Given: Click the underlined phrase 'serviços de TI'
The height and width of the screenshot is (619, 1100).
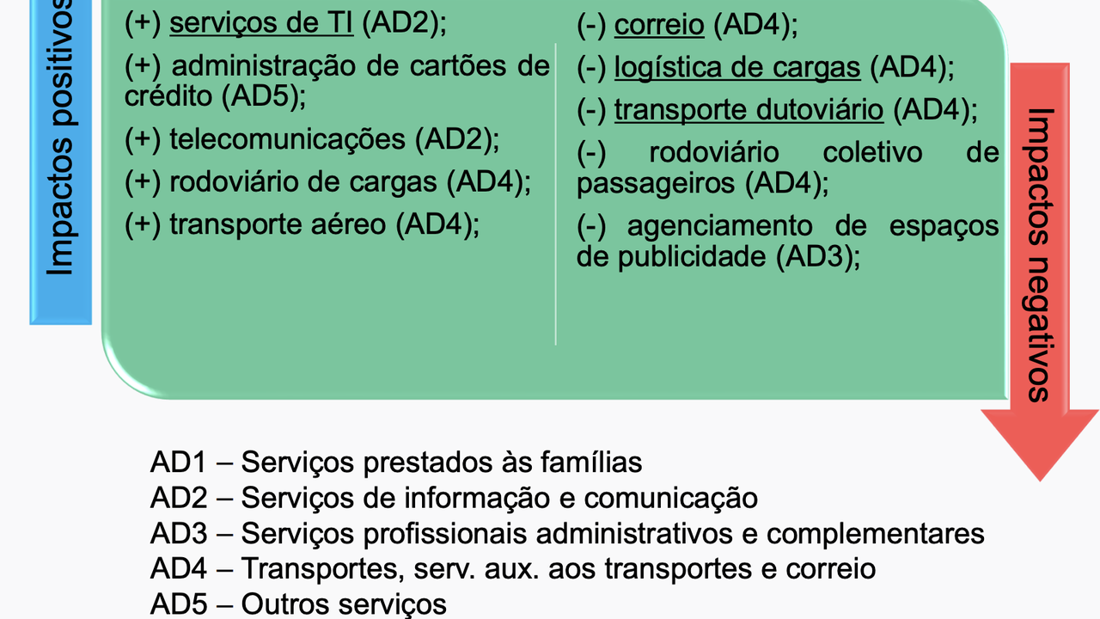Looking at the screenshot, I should (x=261, y=24).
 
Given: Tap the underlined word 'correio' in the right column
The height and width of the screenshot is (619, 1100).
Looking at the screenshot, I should (x=659, y=26).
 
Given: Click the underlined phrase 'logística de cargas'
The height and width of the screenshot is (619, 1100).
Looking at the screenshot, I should (x=736, y=67).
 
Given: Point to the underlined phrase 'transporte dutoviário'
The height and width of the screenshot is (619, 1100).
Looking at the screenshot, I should (x=749, y=110).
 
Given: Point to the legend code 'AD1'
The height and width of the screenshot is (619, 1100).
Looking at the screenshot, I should (x=179, y=463).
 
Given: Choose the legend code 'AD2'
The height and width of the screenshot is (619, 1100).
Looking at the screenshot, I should (x=179, y=498).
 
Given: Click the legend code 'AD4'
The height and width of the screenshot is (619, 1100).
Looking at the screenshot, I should (x=179, y=568).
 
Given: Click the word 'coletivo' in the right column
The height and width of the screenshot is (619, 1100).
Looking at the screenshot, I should (x=872, y=153).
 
